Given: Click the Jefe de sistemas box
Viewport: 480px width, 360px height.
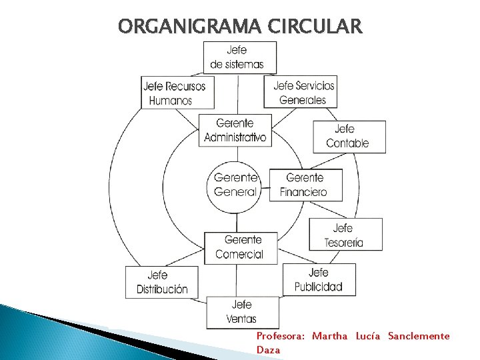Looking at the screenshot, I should [x=239, y=57].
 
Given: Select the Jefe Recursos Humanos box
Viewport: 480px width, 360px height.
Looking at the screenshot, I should [x=178, y=93].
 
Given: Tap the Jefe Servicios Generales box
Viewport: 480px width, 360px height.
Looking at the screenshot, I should [x=301, y=92].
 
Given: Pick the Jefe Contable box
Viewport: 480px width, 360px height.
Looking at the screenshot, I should [x=349, y=136].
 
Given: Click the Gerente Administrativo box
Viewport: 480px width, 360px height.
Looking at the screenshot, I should [x=235, y=130].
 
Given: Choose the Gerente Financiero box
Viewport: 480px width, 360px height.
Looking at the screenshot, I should [x=305, y=185].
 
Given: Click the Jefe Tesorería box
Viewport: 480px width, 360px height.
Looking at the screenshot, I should [x=345, y=235].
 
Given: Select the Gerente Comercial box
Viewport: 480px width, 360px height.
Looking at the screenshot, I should [x=240, y=247].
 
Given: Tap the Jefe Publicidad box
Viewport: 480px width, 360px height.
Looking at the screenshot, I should [x=319, y=280].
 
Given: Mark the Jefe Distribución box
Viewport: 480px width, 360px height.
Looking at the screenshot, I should [x=162, y=282].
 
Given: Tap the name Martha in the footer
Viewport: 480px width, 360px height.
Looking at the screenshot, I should [x=329, y=336].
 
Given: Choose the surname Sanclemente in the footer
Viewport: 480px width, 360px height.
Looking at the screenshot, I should [x=419, y=336].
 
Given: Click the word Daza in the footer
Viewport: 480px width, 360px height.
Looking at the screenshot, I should [x=268, y=349].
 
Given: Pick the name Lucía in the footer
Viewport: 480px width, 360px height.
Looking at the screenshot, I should [x=367, y=336].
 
